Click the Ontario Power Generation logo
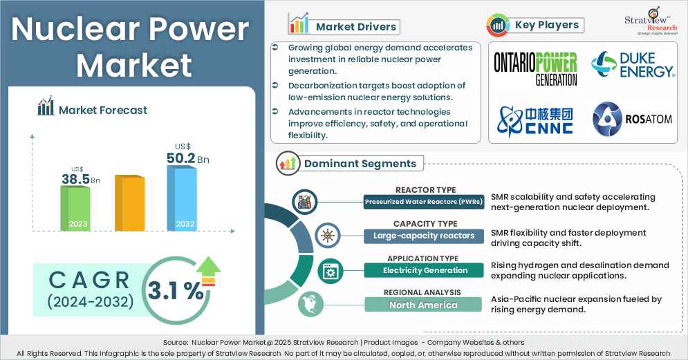pos(535,69)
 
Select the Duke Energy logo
pos(632,66)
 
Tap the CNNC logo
pos(534,119)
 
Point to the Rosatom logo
pos(632,119)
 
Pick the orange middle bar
pos(129,202)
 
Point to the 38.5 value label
pos(76,180)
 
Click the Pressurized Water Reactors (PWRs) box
pos(424,202)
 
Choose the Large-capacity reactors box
pos(424,236)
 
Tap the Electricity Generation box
pos(424,270)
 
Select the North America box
pos(424,305)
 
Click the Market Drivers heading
pos(356,27)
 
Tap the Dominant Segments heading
pos(360,164)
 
